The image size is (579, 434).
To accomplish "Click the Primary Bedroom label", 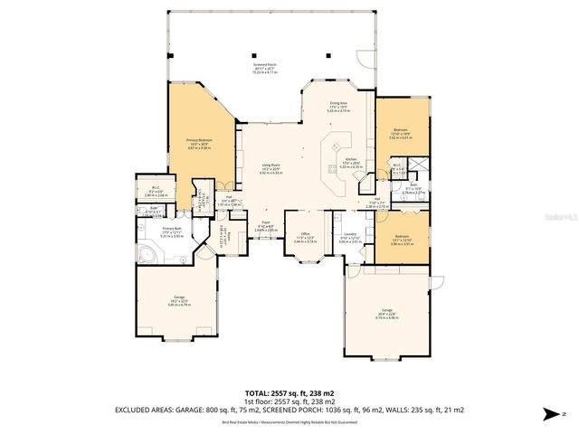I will [x=198, y=143].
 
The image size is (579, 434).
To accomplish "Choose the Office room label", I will [x=305, y=239].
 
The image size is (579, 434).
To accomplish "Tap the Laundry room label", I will [x=349, y=239].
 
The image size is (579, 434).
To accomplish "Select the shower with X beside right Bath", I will [x=419, y=166].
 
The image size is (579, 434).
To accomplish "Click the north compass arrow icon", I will [x=548, y=414].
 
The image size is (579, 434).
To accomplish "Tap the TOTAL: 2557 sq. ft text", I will [x=289, y=392].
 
